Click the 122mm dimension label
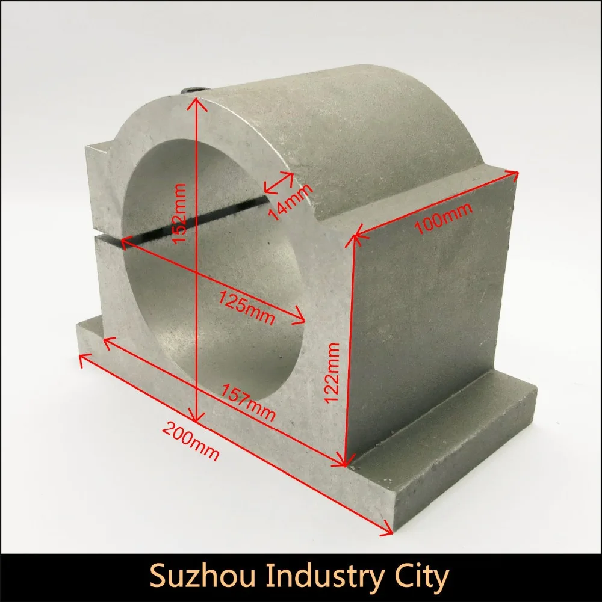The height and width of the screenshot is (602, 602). pos(332,372)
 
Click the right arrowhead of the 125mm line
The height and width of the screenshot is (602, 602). pos(300,317)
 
